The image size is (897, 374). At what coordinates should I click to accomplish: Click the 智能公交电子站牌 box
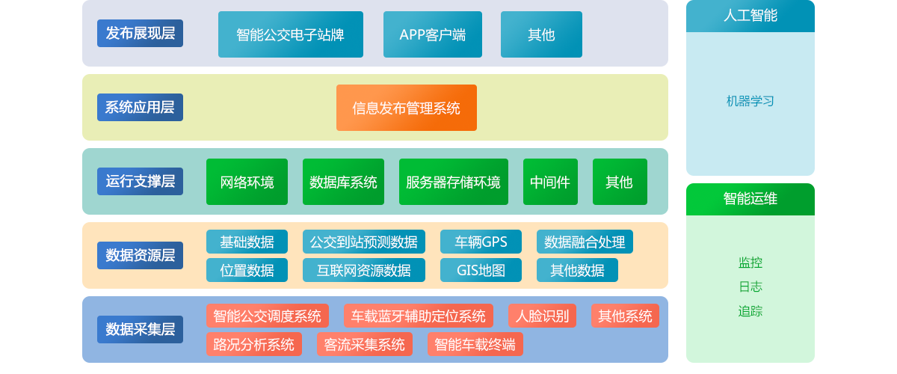(291, 34)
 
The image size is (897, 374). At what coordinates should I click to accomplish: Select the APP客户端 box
(433, 34)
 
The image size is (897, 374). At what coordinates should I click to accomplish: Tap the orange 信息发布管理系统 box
(407, 108)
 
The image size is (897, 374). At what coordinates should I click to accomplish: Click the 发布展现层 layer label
(141, 33)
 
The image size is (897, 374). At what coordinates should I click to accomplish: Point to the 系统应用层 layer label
(141, 108)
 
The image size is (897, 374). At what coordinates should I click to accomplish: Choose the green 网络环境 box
(247, 182)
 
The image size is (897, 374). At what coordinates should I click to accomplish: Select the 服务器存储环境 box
(454, 182)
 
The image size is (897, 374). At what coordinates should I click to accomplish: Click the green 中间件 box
(550, 182)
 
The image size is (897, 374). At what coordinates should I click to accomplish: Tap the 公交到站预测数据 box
(364, 242)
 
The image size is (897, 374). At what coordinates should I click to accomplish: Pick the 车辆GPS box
(481, 242)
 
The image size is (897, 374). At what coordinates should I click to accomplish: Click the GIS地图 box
(481, 270)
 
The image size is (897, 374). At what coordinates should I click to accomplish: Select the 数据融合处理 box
(585, 242)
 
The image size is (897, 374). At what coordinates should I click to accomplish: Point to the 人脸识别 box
(542, 316)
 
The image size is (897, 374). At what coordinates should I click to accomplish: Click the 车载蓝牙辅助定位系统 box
(419, 316)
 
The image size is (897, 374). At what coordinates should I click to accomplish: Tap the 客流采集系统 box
(365, 344)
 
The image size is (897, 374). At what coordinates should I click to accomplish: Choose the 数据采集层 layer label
(141, 330)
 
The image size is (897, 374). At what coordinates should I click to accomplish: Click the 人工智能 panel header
(750, 16)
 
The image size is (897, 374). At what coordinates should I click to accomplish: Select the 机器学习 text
(750, 101)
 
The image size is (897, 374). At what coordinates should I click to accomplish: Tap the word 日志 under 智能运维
(750, 286)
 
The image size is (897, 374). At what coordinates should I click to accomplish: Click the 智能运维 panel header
(750, 199)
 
